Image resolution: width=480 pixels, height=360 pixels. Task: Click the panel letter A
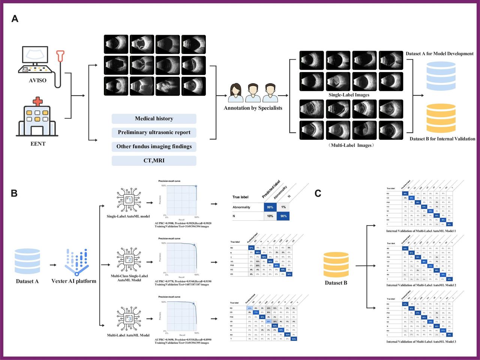(x=15, y=19)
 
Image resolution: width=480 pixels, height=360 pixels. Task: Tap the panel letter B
(x=14, y=193)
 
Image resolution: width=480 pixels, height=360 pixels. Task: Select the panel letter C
(x=318, y=193)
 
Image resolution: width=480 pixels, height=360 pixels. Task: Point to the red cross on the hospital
(x=37, y=101)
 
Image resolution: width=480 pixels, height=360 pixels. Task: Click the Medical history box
(x=154, y=119)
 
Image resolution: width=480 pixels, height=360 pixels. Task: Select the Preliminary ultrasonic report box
(x=154, y=133)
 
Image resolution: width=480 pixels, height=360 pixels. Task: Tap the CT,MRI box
(x=154, y=161)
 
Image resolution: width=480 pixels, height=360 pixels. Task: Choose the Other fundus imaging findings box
(x=154, y=146)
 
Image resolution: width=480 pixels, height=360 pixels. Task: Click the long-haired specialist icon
(x=235, y=93)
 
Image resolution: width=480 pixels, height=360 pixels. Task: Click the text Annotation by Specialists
(x=253, y=108)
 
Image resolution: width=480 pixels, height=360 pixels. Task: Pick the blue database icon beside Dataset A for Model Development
(x=441, y=77)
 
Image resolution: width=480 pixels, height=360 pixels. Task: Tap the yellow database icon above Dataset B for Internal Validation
(x=441, y=118)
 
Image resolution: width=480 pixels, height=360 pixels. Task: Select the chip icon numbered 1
(x=128, y=200)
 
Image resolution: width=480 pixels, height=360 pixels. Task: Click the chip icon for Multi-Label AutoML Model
(x=128, y=319)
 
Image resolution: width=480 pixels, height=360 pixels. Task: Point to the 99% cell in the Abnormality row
(x=270, y=207)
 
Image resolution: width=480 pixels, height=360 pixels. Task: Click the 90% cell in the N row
(x=283, y=216)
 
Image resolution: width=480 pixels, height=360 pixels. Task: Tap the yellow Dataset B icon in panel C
(x=336, y=265)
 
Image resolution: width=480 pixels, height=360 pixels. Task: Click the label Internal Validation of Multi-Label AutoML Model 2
(x=421, y=285)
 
